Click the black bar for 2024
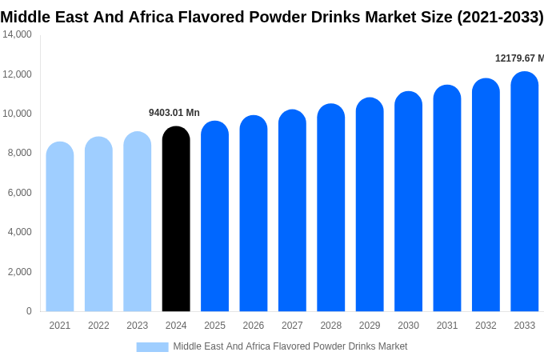click(176, 220)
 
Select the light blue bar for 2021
click(60, 228)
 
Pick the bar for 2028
click(331, 208)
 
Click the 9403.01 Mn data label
click(174, 113)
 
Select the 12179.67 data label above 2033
click(519, 58)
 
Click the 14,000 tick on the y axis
click(17, 34)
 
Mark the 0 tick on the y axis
click(29, 311)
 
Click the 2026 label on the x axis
click(254, 326)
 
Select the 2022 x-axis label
click(98, 326)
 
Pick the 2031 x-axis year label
click(447, 326)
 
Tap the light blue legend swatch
click(152, 347)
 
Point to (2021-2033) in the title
click(500, 17)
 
